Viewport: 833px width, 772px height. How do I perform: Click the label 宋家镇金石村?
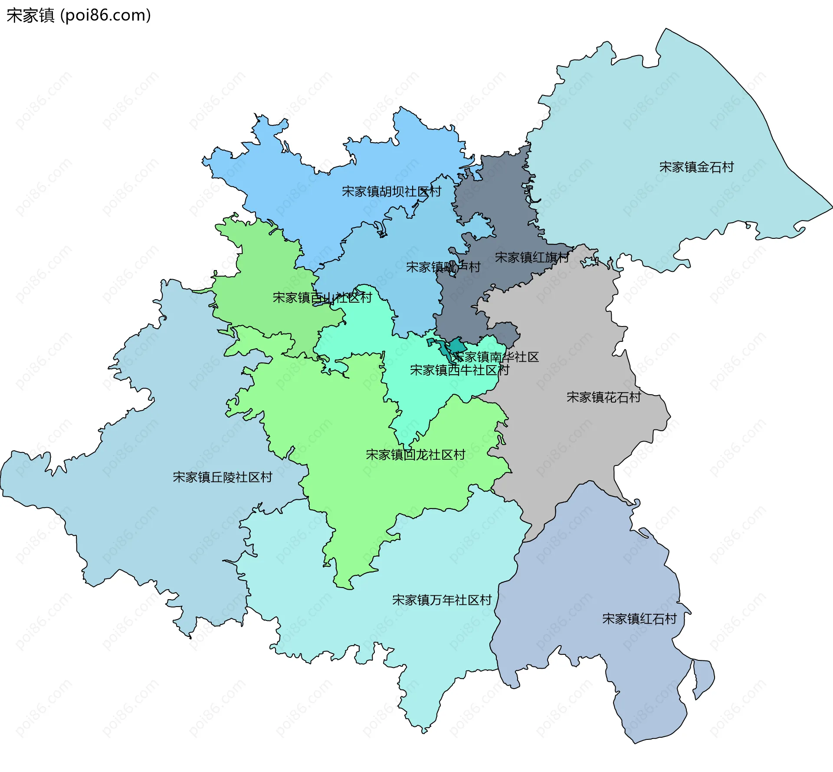(x=696, y=167)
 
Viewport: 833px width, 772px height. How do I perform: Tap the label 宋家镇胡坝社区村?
(x=391, y=191)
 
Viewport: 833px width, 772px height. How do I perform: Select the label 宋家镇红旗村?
(x=531, y=257)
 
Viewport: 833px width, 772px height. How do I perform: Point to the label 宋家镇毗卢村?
(x=443, y=267)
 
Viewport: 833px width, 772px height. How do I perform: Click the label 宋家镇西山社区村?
(x=322, y=298)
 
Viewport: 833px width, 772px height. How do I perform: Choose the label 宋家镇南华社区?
(x=495, y=357)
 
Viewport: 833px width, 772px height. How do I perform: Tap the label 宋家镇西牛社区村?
(x=459, y=370)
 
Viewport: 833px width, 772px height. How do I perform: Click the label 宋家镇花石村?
(x=603, y=397)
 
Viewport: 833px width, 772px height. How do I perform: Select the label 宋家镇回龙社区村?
(x=415, y=455)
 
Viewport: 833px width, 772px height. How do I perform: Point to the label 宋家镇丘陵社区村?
(x=222, y=477)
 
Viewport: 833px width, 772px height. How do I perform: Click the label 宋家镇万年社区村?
(x=442, y=600)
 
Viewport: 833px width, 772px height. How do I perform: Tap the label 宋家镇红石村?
(x=639, y=619)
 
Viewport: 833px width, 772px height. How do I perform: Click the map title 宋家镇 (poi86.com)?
(x=79, y=15)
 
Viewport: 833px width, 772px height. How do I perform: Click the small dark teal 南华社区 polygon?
(x=456, y=346)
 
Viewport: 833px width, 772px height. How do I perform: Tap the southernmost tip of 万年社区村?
(x=424, y=732)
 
